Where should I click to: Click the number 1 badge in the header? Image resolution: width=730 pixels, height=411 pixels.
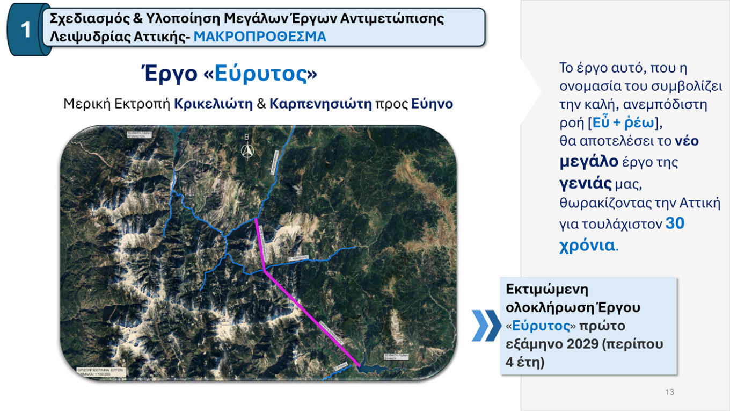tap(25, 30)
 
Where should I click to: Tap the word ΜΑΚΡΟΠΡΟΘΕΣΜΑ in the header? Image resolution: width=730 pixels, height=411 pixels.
tap(260, 37)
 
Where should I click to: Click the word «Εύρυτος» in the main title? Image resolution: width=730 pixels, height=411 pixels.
tap(261, 75)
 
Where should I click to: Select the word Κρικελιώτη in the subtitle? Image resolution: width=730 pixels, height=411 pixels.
tap(213, 104)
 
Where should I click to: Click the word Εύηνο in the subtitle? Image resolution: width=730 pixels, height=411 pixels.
tap(432, 104)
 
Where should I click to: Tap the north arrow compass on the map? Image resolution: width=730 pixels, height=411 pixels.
tap(247, 150)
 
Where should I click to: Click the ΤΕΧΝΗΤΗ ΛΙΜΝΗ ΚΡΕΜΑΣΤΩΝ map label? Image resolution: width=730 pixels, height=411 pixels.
tap(140, 134)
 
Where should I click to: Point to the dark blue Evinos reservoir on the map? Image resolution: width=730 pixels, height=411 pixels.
tap(376, 365)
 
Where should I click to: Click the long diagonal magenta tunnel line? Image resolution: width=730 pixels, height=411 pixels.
tap(311, 317)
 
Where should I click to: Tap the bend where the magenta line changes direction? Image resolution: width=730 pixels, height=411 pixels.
tap(265, 271)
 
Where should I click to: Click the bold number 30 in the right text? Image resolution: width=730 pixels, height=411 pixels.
tap(675, 223)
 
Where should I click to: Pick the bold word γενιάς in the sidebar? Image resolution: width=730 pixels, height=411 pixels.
tap(586, 184)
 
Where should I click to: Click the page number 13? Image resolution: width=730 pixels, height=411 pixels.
tap(669, 392)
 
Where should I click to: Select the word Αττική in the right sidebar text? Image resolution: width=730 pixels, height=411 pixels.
tap(702, 204)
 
